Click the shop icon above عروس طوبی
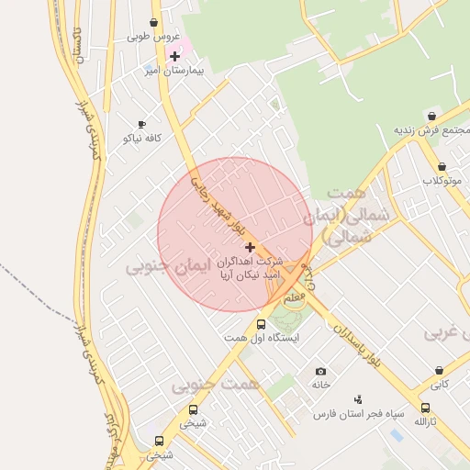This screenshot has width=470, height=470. [x=152, y=23]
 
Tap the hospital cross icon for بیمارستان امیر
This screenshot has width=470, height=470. [x=174, y=56]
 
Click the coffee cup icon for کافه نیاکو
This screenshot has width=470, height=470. [x=141, y=124]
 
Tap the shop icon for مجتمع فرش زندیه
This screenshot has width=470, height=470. [x=431, y=117]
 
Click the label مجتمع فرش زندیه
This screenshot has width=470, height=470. [x=432, y=130]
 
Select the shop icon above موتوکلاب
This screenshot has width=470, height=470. [x=442, y=167]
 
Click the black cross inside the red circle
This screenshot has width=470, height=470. [x=250, y=247]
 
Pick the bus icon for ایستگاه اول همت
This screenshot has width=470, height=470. [x=262, y=324]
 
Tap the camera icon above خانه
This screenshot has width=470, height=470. [x=320, y=371]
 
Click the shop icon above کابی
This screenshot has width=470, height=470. [x=440, y=371]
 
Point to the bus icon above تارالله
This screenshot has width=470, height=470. [x=425, y=408]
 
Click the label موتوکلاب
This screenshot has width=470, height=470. [x=441, y=180]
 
